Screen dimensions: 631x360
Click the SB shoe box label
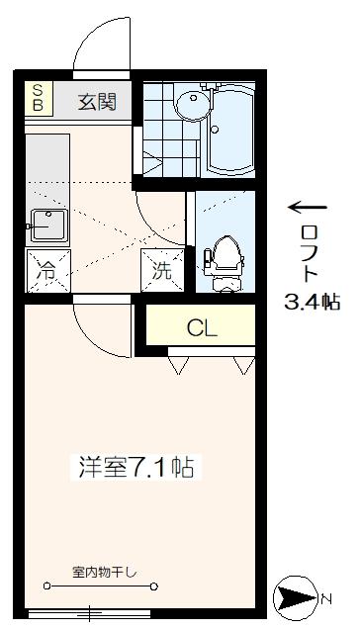tap(39, 99)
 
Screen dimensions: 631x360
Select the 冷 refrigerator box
tap(45, 270)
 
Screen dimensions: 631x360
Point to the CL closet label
tap(202, 327)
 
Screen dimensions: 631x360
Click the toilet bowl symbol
tap(225, 260)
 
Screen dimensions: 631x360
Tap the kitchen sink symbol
tap(45, 225)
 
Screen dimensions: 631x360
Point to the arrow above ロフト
tap(308, 208)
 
